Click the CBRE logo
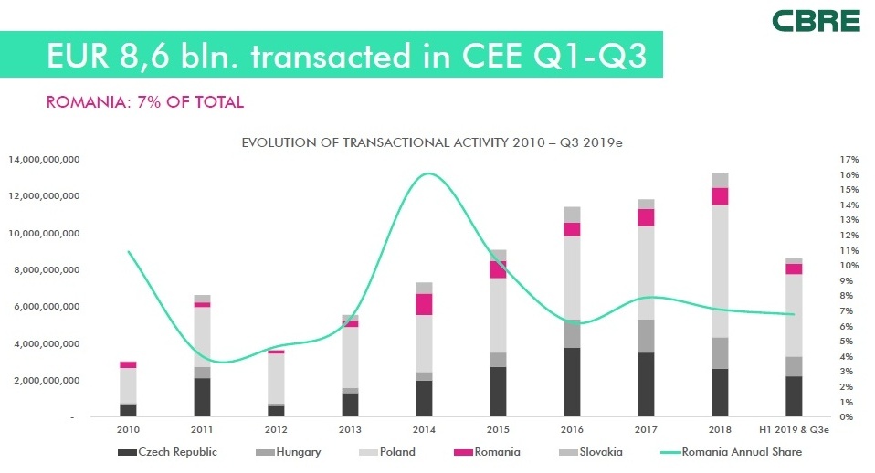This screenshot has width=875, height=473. [815, 21]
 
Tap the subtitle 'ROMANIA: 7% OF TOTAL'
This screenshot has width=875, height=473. [145, 102]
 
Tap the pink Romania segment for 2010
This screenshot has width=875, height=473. [129, 364]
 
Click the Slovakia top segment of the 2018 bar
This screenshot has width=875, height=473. [720, 180]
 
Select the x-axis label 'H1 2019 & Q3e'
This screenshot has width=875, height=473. [795, 428]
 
